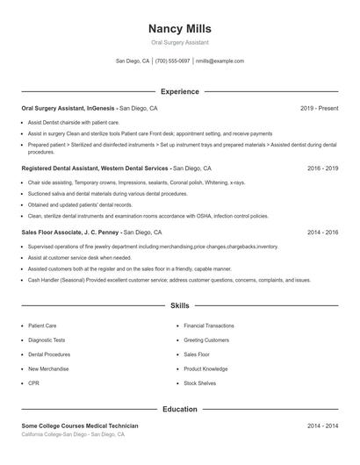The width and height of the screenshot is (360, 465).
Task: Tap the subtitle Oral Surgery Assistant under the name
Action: click(180, 42)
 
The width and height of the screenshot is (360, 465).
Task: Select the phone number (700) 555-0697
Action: click(172, 61)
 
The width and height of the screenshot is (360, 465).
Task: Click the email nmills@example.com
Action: click(220, 61)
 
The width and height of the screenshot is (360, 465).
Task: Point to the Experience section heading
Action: click(180, 91)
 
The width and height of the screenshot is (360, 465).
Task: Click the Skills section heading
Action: click(180, 306)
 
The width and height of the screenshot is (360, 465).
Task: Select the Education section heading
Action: click(180, 409)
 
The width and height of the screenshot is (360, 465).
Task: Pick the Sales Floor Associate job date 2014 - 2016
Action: click(323, 233)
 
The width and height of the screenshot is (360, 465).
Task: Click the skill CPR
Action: click(33, 383)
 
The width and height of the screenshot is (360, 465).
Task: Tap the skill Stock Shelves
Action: click(200, 383)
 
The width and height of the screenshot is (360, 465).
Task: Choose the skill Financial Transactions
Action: click(209, 325)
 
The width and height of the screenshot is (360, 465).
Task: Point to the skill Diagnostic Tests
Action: click(47, 340)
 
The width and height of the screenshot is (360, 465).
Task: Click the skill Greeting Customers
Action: click(206, 340)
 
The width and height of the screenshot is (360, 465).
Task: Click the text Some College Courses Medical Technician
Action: click(80, 426)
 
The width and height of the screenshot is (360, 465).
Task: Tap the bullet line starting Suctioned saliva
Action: click(97, 192)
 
